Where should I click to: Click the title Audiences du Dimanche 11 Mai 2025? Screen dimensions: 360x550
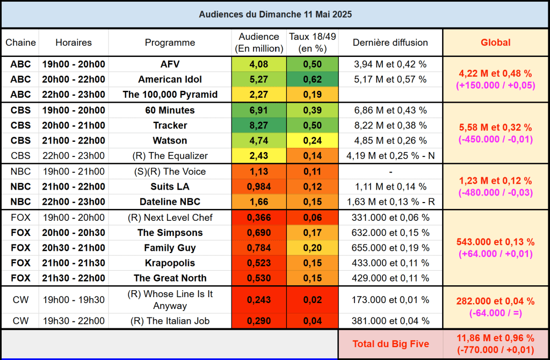(x=275, y=15)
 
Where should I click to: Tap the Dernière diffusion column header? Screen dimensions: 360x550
(x=390, y=42)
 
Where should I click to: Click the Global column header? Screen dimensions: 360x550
(x=495, y=42)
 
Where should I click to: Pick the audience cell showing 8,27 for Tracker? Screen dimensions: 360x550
(x=259, y=125)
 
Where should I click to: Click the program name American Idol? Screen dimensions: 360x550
(x=170, y=80)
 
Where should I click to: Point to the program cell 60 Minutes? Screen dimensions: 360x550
(x=170, y=110)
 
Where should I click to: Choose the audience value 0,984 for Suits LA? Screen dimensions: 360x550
(x=259, y=186)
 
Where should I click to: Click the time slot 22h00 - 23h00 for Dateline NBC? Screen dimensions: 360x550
(x=74, y=201)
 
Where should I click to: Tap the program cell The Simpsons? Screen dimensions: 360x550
(x=170, y=233)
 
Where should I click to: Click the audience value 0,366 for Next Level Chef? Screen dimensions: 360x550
(x=259, y=218)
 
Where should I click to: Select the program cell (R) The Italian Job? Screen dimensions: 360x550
(x=170, y=321)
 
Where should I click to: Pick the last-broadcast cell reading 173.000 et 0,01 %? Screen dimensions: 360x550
(x=390, y=300)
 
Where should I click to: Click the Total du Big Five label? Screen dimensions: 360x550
(x=390, y=344)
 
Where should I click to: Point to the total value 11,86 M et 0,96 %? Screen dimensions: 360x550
(x=495, y=338)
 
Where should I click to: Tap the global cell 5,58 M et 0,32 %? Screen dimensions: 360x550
(x=495, y=128)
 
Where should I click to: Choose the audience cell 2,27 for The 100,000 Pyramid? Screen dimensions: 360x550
(x=259, y=95)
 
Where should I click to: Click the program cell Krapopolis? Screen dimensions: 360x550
(x=170, y=263)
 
